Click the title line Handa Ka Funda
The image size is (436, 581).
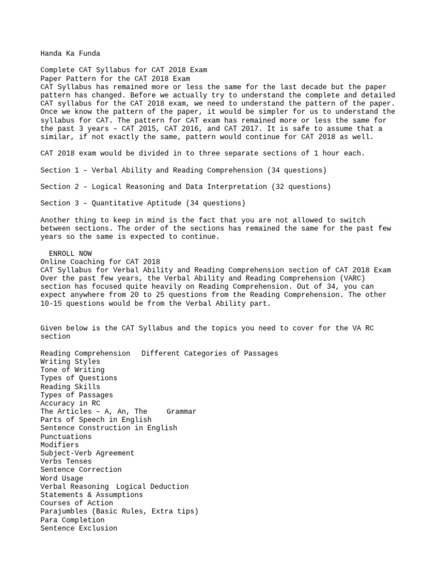[x=70, y=53]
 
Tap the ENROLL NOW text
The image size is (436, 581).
[x=70, y=253]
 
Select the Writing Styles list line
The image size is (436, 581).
[x=70, y=361]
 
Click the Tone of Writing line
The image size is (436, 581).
[x=72, y=370]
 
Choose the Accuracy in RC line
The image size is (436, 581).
[x=70, y=403]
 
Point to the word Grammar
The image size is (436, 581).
[x=181, y=411]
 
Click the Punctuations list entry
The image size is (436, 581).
[x=66, y=436]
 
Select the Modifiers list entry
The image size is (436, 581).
[x=60, y=445]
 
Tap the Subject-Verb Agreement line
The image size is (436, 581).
[x=87, y=453]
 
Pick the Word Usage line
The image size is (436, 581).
[x=61, y=478]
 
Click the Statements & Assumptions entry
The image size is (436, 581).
[x=91, y=495]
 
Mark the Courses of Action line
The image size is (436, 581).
[x=77, y=503]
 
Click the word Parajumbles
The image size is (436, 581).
[x=64, y=511]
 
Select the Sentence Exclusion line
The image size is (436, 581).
[x=79, y=528]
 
